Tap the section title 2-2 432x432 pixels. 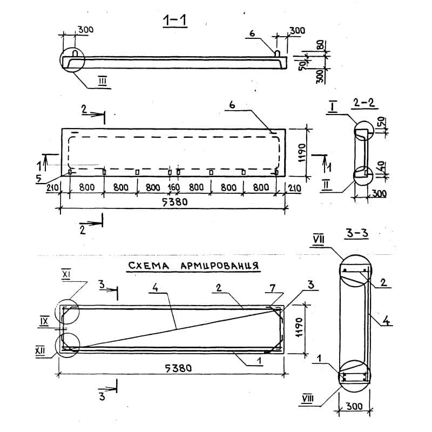point(364,103)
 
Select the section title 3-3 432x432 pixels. point(357,233)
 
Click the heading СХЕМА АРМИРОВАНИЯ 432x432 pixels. point(193,266)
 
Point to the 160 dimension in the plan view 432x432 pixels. point(174,187)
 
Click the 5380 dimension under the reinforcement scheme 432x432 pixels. point(178,368)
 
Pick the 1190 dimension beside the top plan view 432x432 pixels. point(302,152)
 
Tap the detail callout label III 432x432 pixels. point(103,80)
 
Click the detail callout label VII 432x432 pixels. point(319,239)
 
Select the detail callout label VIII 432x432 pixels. point(307,399)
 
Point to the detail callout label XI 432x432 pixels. point(66,275)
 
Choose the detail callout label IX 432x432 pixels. point(44,321)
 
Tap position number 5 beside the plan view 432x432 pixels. point(38,179)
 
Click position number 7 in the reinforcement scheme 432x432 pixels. point(272,288)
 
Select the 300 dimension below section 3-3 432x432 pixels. point(354,406)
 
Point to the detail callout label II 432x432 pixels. point(326,185)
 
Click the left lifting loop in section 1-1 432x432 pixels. point(76,52)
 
